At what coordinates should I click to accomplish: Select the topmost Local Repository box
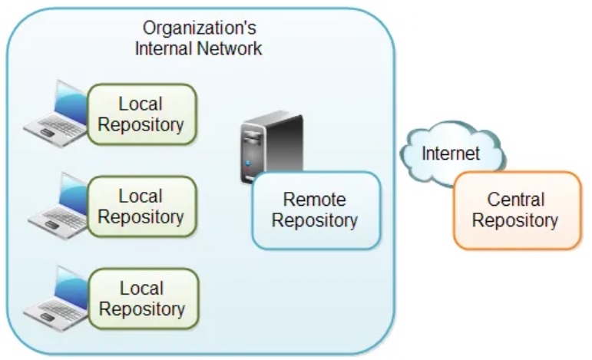tap(141, 114)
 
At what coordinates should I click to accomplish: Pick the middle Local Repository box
tap(142, 206)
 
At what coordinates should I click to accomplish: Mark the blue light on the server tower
tap(248, 163)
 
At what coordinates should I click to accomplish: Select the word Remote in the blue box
tap(315, 200)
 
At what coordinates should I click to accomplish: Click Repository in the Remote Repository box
tap(315, 221)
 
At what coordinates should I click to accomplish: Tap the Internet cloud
tap(451, 153)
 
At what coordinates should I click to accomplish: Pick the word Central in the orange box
tap(516, 200)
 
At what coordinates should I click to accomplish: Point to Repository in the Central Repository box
tap(515, 221)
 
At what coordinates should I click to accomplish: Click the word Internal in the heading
tap(162, 48)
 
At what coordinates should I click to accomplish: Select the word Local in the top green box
tap(141, 104)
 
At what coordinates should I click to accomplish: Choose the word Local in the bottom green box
tap(142, 289)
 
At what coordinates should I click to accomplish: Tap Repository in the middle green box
tap(141, 217)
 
